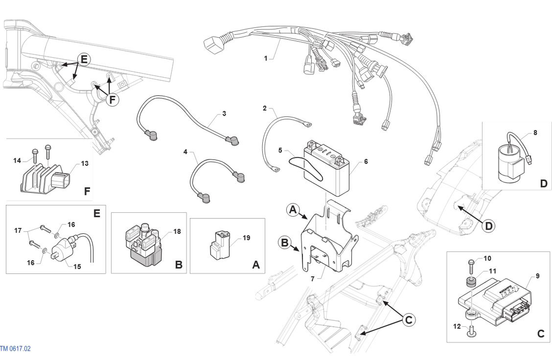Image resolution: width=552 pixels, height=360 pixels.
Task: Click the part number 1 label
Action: point(265,58)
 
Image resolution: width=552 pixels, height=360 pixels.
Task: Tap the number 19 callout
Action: point(247,238)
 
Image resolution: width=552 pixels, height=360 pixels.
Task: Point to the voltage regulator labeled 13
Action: point(45,178)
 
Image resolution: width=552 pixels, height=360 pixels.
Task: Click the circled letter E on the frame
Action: point(84,59)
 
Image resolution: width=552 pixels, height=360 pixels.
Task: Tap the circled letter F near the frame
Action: point(112,100)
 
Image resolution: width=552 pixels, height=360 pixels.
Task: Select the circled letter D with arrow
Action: point(489,226)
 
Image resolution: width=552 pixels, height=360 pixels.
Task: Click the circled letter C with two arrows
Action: point(409,320)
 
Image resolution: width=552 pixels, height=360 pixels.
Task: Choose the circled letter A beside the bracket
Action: point(293,210)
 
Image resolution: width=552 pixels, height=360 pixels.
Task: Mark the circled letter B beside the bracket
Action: point(285,243)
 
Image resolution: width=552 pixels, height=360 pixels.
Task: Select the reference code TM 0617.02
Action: point(15,349)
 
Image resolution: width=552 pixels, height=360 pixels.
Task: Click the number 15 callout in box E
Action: point(77,267)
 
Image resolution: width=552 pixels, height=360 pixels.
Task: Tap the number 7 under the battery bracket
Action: point(313,279)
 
